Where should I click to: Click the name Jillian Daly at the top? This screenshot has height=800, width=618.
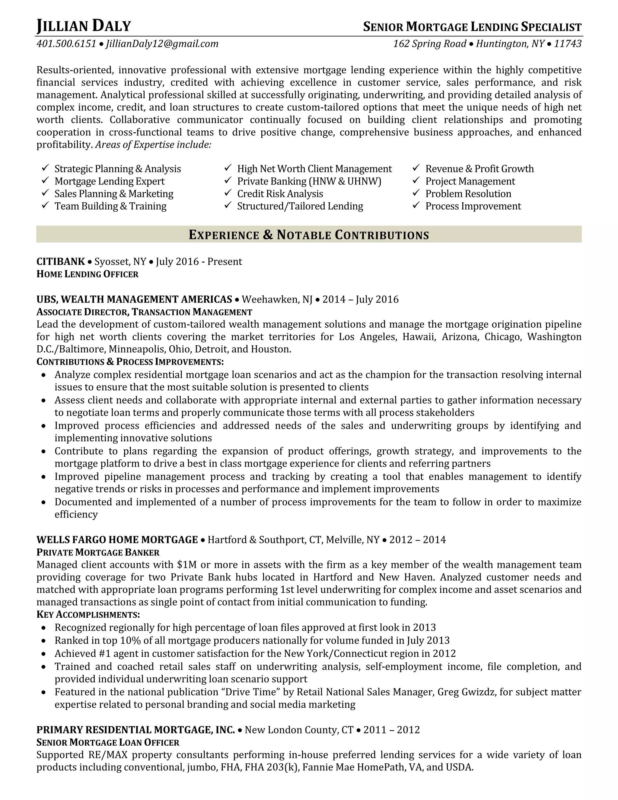84,26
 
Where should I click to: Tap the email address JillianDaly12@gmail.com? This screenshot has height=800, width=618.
162,44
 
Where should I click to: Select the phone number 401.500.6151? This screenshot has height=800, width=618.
66,44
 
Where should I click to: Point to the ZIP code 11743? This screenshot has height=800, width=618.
568,44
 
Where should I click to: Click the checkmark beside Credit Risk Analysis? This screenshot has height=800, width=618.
228,193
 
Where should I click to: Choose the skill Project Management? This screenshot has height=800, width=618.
470,181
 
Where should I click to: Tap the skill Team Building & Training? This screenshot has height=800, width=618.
110,206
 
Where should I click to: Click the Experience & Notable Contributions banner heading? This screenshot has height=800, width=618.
309,235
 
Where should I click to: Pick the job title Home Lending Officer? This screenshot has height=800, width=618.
88,274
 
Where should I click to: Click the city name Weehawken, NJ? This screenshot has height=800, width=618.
277,300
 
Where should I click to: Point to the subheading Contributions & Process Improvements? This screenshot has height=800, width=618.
130,362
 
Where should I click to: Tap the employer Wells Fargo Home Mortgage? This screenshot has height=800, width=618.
117,539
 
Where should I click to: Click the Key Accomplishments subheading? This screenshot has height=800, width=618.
88,614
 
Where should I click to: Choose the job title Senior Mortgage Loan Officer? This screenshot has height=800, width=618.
108,743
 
